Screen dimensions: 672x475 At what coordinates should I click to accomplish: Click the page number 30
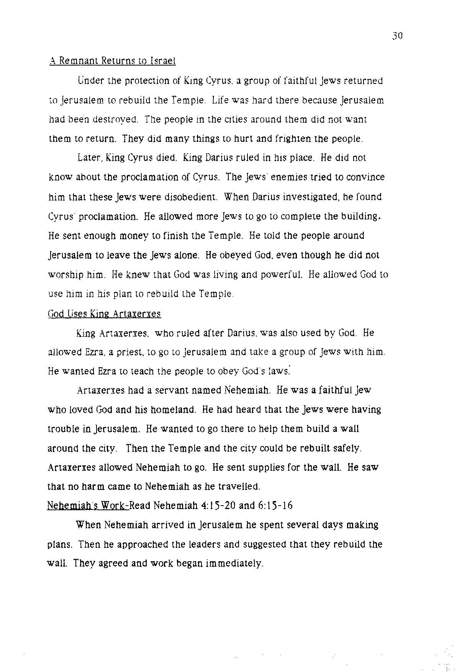coord(397,36)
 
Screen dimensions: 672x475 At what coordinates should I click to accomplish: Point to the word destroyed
coord(116,119)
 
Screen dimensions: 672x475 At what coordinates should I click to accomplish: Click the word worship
coord(66,275)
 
